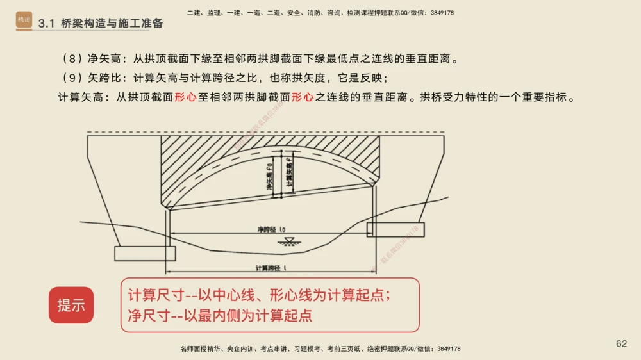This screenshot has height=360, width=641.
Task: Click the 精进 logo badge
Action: pyautogui.click(x=24, y=20)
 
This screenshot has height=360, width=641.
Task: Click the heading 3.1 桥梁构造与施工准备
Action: pyautogui.click(x=101, y=24)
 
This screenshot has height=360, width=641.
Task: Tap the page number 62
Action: pyautogui.click(x=621, y=344)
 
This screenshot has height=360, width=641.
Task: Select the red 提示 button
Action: pyautogui.click(x=71, y=305)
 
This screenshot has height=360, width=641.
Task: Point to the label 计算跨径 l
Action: pyautogui.click(x=270, y=268)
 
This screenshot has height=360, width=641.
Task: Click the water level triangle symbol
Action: pyautogui.click(x=288, y=241)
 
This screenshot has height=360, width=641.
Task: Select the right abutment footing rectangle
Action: pyautogui.click(x=391, y=229)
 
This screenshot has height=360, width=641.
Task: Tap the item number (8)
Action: pyautogui.click(x=69, y=59)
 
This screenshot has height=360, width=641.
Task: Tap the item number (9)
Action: pyautogui.click(x=69, y=79)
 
